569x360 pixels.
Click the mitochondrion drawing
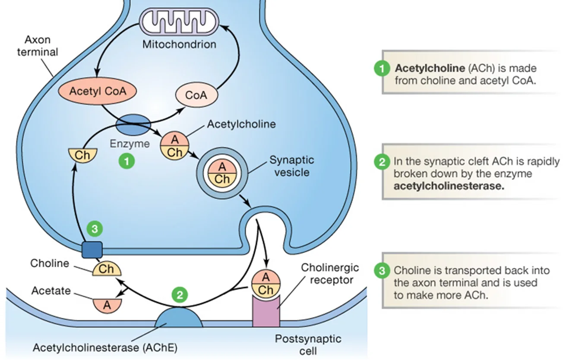click(179, 22)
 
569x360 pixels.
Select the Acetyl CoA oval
click(98, 91)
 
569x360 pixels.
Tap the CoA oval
click(196, 95)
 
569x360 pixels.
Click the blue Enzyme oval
click(133, 124)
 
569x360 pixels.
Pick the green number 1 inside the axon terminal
click(127, 161)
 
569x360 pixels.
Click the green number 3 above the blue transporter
click(95, 229)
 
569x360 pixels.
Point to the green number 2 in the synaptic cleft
click(180, 295)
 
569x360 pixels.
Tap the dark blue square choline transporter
click(92, 250)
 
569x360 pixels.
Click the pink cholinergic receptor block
click(266, 311)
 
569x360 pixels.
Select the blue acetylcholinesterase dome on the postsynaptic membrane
click(179, 318)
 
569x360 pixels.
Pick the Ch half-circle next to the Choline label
click(107, 269)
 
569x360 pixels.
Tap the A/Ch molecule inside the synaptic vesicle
click(222, 173)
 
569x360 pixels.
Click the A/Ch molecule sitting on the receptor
click(266, 284)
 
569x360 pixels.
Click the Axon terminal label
click(38, 46)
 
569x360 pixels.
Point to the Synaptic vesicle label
click(292, 166)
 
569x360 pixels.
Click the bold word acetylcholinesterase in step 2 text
click(449, 186)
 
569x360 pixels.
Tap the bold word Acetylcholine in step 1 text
click(430, 68)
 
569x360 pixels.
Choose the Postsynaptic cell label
click(308, 345)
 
